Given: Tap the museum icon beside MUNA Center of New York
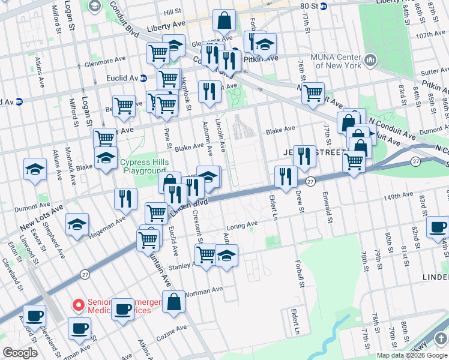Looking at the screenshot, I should [x=369, y=61].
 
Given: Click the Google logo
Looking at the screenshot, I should [x=19, y=353].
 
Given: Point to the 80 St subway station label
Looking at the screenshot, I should [x=308, y=6].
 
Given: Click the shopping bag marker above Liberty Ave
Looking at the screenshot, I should [x=224, y=20].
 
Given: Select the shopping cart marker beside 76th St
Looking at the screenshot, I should [x=313, y=93].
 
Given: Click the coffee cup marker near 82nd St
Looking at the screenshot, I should [x=438, y=227].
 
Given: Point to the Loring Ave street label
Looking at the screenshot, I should [x=241, y=224].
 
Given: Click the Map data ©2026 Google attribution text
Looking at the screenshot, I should [x=412, y=355].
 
